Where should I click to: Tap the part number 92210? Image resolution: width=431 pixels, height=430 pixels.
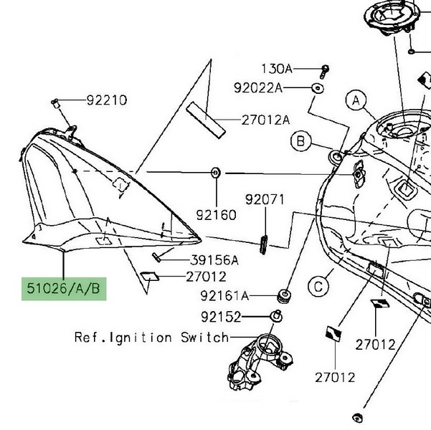coord(107,100)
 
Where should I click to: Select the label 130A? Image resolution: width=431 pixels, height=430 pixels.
coord(276,69)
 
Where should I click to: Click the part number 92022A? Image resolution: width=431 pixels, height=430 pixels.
coord(258,88)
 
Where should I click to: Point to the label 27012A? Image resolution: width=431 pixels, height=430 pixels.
coord(265,120)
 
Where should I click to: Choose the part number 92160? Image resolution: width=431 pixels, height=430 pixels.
coord(216,214)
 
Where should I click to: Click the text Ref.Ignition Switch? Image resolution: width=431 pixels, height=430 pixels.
coord(151,337)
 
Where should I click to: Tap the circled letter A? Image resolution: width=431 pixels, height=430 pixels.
coord(354,102)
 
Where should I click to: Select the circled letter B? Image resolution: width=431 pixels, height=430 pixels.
coord(301,140)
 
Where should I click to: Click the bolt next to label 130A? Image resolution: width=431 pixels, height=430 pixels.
coord(326,70)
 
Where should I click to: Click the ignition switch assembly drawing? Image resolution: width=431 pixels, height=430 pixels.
coord(258,358)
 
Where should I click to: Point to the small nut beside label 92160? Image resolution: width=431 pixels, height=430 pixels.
coord(215,172)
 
